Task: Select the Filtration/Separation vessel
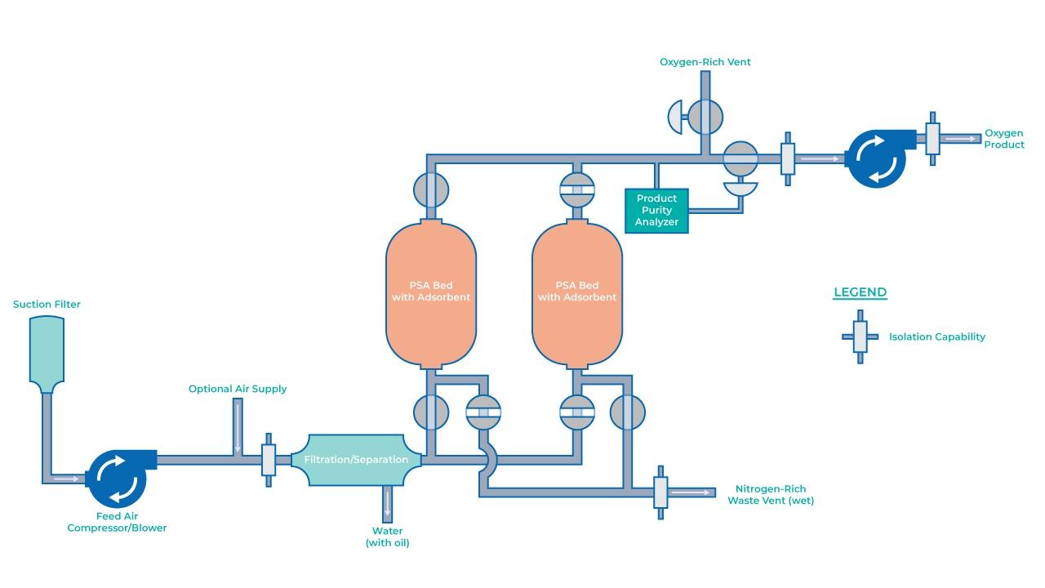[x=356, y=460]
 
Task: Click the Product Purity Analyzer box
[x=657, y=211]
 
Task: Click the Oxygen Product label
[x=1003, y=139]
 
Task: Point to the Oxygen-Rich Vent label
[x=705, y=62]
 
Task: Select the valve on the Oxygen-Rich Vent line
[x=705, y=116]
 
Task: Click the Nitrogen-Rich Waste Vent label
[x=770, y=495]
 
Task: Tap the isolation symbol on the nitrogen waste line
[x=660, y=492]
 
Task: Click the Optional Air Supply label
[x=238, y=389]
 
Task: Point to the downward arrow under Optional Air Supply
[x=238, y=429]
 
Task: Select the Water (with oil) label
[x=388, y=537]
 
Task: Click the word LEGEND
[x=860, y=292]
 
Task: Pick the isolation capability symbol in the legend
[x=860, y=336]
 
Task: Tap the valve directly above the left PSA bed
[x=430, y=190]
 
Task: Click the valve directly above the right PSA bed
[x=576, y=190]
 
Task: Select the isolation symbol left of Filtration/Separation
[x=269, y=460]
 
